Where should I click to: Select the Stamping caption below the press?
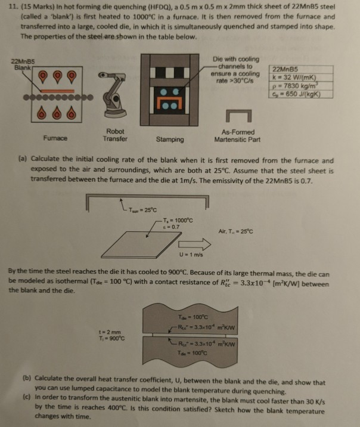(169, 140)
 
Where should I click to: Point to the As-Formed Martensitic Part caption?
(237, 135)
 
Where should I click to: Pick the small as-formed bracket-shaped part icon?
(237, 116)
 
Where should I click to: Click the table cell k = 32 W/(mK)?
(302, 78)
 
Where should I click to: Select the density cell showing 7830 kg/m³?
(302, 86)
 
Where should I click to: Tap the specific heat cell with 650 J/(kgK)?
(302, 94)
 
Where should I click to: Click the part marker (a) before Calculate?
(20, 160)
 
